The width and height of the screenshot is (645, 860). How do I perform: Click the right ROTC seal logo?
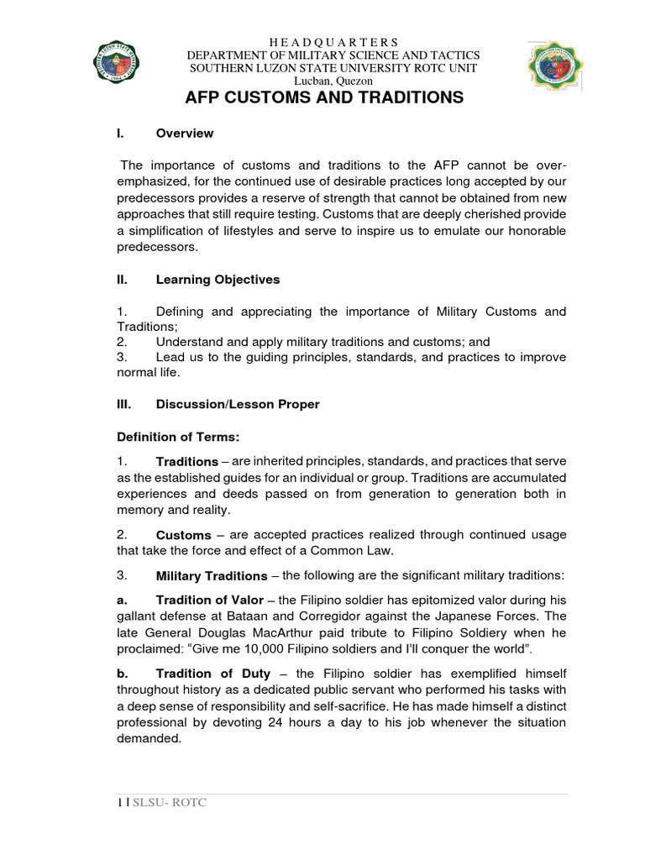555,66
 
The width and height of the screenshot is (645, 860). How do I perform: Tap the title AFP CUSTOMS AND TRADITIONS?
323,97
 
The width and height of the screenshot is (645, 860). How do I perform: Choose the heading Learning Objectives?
218,280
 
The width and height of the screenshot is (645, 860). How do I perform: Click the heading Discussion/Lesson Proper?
238,404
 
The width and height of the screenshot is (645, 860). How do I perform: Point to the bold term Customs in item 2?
183,535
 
